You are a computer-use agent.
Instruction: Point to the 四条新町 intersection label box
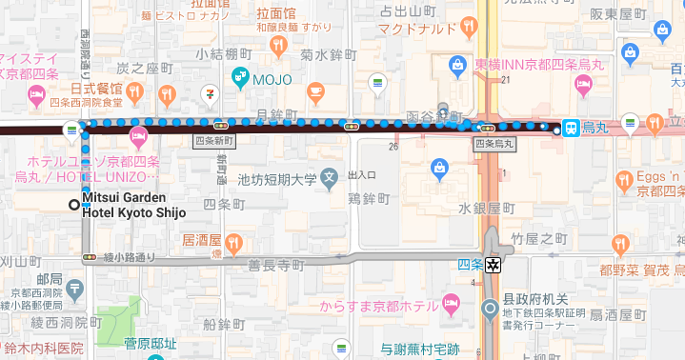pos(212,141)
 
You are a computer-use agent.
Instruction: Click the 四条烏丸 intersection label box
pos(494,144)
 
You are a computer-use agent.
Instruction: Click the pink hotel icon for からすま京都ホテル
pos(452,306)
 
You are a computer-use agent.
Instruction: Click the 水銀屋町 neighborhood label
pos(486,208)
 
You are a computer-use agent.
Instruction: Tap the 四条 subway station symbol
pos(494,265)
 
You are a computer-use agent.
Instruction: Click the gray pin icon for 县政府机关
pos(491,309)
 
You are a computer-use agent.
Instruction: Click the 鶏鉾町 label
pos(369,198)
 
